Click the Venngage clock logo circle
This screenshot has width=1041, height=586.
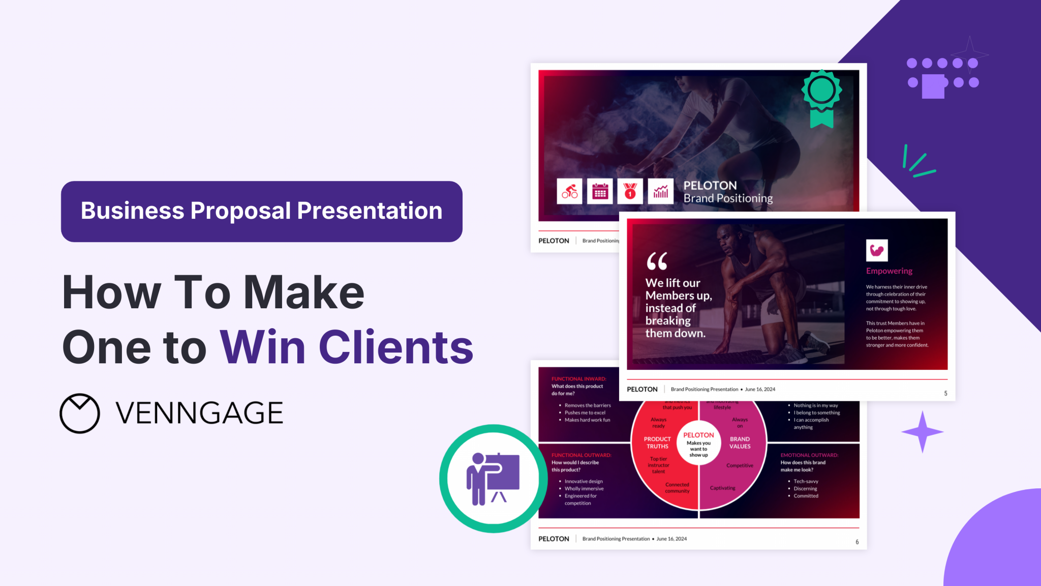click(x=80, y=413)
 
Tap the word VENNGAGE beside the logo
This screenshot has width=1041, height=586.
click(x=199, y=413)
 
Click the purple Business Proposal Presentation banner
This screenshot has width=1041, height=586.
click(x=261, y=211)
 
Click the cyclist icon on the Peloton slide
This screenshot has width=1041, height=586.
click(x=569, y=191)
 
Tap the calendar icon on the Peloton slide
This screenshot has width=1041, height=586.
click(x=600, y=191)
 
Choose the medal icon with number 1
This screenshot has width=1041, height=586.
click(x=630, y=191)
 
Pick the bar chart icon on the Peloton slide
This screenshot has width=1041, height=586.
click(x=661, y=191)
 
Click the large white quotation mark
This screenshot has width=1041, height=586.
click(x=657, y=261)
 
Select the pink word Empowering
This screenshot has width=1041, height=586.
click(x=889, y=271)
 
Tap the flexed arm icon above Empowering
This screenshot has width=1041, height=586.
click(x=877, y=250)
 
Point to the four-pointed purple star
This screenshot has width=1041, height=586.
click(x=923, y=432)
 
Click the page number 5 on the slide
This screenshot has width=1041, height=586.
click(x=945, y=393)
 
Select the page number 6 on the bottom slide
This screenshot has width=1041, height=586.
click(x=857, y=542)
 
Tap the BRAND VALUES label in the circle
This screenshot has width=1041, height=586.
click(x=740, y=443)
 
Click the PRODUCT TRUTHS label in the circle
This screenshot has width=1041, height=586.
click(x=657, y=443)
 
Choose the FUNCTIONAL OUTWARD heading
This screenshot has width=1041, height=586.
click(x=581, y=455)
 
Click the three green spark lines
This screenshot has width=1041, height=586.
click(x=918, y=162)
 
